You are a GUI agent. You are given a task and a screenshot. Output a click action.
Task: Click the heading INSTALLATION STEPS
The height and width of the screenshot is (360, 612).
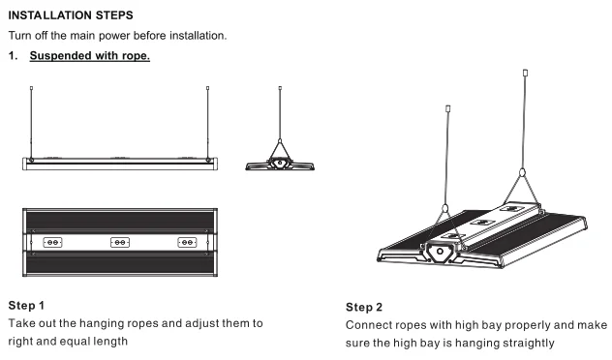pyautogui.click(x=71, y=15)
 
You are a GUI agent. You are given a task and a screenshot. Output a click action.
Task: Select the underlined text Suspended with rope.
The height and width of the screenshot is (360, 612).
pyautogui.click(x=90, y=56)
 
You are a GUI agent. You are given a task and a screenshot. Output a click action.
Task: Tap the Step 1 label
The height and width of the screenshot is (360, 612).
pyautogui.click(x=26, y=306)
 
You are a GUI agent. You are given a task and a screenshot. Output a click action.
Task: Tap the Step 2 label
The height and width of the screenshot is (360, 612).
pyautogui.click(x=364, y=308)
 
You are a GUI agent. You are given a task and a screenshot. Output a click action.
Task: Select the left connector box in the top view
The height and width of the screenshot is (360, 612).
pyautogui.click(x=52, y=243)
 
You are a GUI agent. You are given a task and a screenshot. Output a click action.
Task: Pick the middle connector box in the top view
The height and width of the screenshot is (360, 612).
pyautogui.click(x=120, y=243)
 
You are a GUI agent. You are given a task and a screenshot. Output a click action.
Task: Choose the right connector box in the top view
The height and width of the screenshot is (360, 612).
pyautogui.click(x=187, y=243)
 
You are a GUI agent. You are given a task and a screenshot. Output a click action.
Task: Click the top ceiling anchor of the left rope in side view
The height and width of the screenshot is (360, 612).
pyautogui.click(x=32, y=88)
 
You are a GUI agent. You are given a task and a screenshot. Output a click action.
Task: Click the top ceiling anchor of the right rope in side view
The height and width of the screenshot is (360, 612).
pyautogui.click(x=207, y=88)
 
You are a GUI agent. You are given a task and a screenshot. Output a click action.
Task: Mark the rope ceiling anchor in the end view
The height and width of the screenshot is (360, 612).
pyautogui.click(x=280, y=88)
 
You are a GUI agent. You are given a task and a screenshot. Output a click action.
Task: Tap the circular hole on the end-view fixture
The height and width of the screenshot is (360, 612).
pyautogui.click(x=280, y=163)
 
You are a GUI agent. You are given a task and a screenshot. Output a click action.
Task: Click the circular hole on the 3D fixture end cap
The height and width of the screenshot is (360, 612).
pyautogui.click(x=440, y=252)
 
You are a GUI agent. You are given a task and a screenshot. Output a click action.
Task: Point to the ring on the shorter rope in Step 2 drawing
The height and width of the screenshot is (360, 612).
pyautogui.click(x=445, y=208)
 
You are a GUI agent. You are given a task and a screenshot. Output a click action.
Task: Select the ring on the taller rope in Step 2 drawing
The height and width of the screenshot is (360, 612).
pyautogui.click(x=522, y=172)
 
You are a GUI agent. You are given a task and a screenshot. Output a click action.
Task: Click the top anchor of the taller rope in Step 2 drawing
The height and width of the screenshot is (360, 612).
pyautogui.click(x=526, y=73)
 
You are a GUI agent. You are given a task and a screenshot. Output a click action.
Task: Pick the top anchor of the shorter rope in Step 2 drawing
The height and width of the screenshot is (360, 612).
pyautogui.click(x=448, y=108)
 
